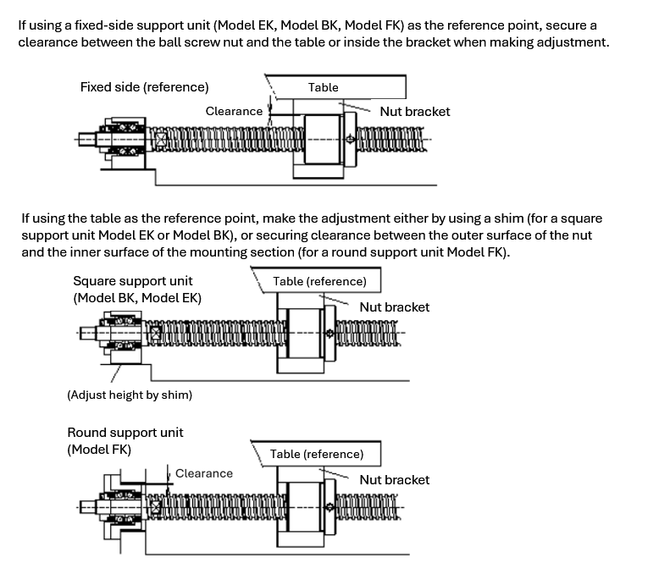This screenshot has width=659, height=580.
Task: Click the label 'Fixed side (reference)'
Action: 144,87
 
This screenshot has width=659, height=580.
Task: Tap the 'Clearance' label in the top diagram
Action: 234,111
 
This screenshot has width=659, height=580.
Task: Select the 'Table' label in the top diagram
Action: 323,87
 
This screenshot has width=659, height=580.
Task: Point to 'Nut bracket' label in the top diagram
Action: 415,111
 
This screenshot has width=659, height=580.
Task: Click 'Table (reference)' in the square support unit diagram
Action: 319,281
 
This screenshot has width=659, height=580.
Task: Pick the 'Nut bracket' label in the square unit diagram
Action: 394,307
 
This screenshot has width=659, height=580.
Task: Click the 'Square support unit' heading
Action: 133,280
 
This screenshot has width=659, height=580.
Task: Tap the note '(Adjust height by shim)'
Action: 130,395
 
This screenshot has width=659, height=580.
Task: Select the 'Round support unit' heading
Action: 125,432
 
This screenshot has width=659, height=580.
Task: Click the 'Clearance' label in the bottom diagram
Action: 204,473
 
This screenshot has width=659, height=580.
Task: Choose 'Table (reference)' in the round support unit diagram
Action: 317,454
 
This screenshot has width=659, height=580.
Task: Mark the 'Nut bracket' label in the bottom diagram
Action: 394,479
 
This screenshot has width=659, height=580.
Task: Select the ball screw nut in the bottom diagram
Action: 303,507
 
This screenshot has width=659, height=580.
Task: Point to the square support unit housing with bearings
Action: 124,333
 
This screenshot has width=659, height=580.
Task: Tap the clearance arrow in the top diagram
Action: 269,108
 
